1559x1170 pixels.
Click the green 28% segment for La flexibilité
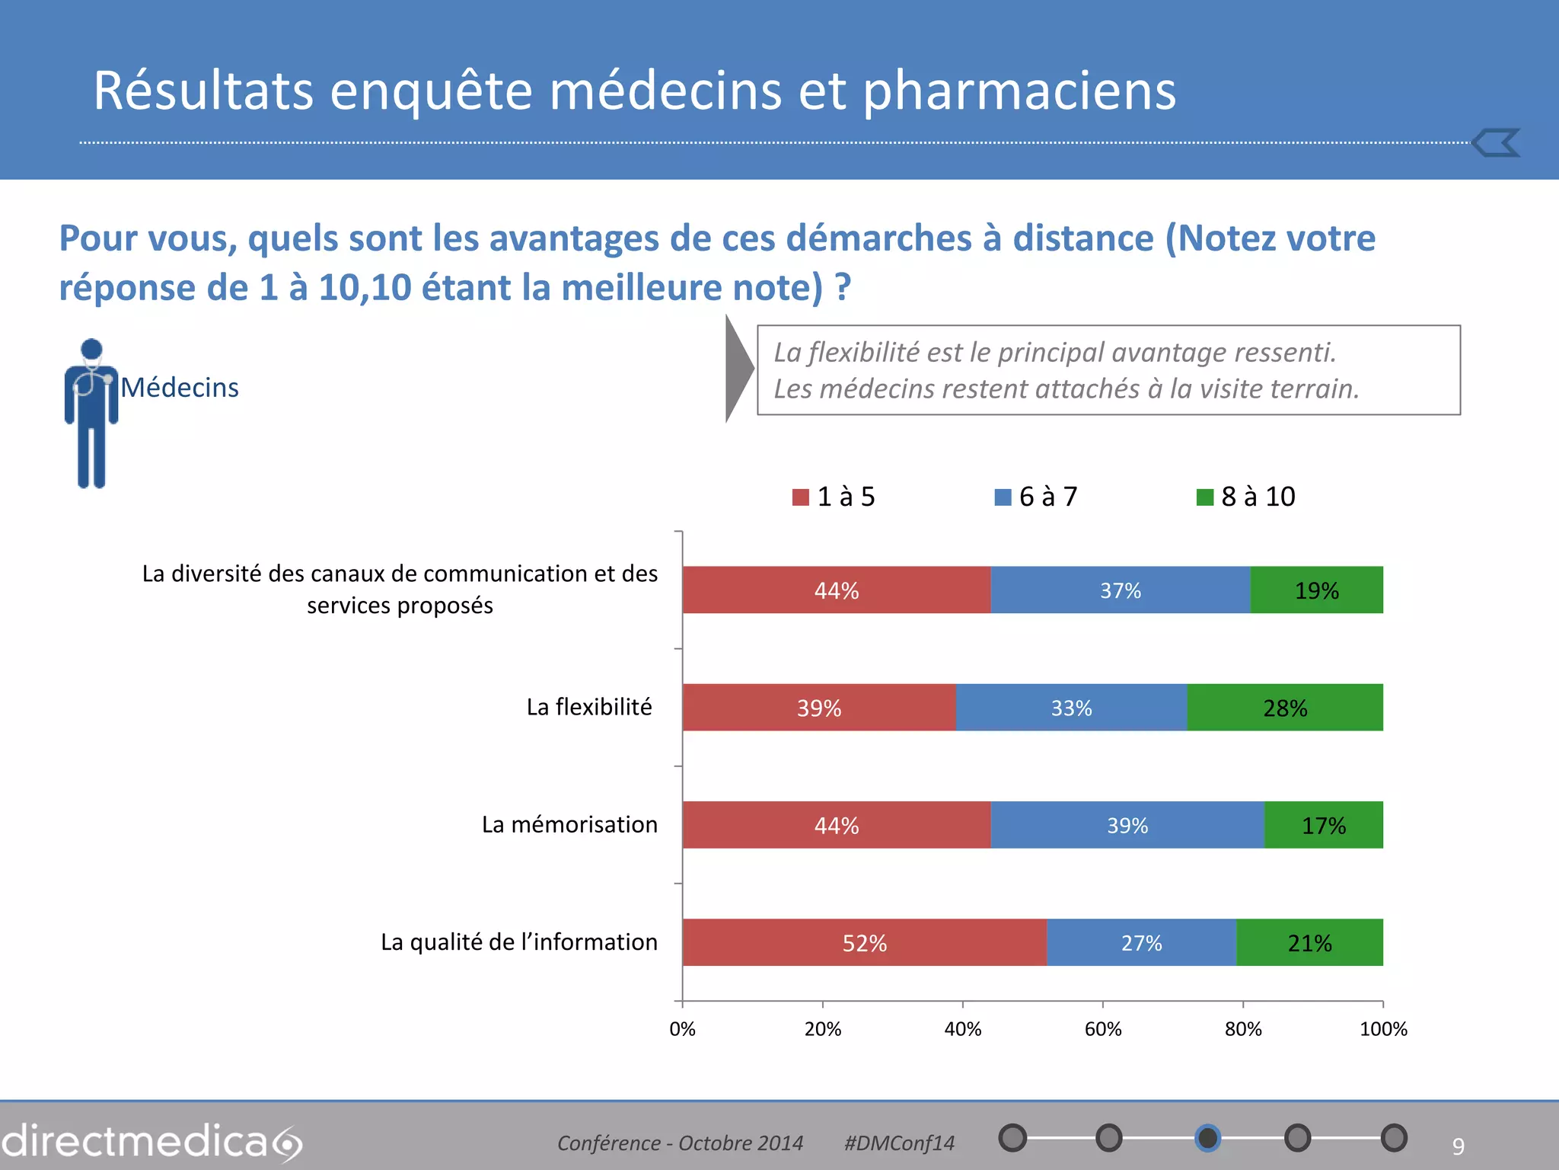tap(1285, 708)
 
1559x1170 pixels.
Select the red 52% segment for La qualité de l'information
tap(864, 943)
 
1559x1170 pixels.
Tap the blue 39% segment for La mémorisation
tap(1127, 826)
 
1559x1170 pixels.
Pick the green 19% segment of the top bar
tap(1316, 590)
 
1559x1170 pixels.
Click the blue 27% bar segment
tap(1141, 943)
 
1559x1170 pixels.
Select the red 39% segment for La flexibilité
tap(819, 708)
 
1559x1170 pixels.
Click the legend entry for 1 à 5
tap(834, 497)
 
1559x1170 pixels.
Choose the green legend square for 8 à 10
tap(1205, 497)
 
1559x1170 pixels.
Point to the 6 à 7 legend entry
tap(1036, 497)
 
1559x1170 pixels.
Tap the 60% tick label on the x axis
tap(1102, 1029)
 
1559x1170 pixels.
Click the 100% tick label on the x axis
tap(1382, 1029)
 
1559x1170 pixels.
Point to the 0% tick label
tap(682, 1029)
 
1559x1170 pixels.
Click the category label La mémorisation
tap(569, 824)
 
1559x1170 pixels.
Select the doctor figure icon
tap(91, 413)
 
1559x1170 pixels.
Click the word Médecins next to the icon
tap(180, 388)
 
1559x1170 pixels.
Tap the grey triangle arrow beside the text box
tap(737, 369)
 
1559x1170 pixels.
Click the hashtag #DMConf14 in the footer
tap(899, 1143)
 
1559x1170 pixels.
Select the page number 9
tap(1458, 1146)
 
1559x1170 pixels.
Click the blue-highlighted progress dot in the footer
tap(1207, 1138)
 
